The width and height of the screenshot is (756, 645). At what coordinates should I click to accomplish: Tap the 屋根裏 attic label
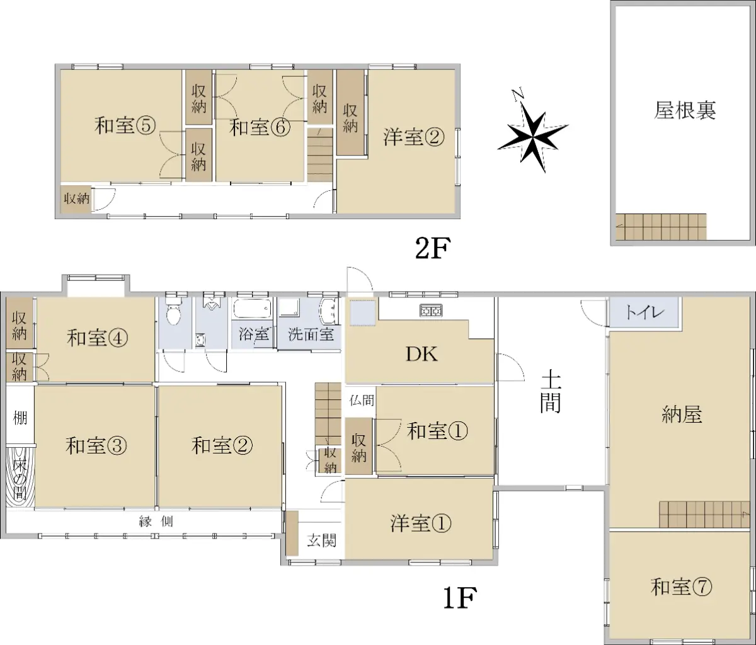[x=684, y=110]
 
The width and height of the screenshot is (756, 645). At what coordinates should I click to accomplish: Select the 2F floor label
[x=433, y=248]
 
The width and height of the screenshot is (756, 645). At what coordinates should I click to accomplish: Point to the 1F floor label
[x=460, y=598]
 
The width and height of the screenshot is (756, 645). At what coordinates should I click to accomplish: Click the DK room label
[x=421, y=354]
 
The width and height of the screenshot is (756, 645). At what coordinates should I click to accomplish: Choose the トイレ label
[x=644, y=312]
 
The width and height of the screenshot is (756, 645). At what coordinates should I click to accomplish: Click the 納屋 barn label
[x=682, y=414]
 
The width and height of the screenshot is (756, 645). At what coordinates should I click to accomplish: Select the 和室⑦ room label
[x=681, y=587]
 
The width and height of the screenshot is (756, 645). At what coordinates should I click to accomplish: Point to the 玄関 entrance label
[x=321, y=540]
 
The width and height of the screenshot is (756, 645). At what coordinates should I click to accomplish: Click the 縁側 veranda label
[x=156, y=522]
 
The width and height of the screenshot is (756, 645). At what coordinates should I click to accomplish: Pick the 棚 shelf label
[x=20, y=417]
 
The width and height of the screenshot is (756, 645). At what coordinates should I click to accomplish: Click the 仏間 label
[x=362, y=401]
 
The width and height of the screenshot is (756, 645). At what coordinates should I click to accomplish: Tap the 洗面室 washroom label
[x=311, y=334]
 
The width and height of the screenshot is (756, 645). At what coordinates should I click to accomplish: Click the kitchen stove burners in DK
[x=431, y=311]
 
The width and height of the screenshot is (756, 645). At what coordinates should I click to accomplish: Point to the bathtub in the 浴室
[x=253, y=309]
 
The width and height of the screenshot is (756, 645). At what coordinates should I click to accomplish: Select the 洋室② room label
[x=414, y=137]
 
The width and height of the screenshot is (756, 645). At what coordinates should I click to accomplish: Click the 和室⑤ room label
[x=125, y=126]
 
